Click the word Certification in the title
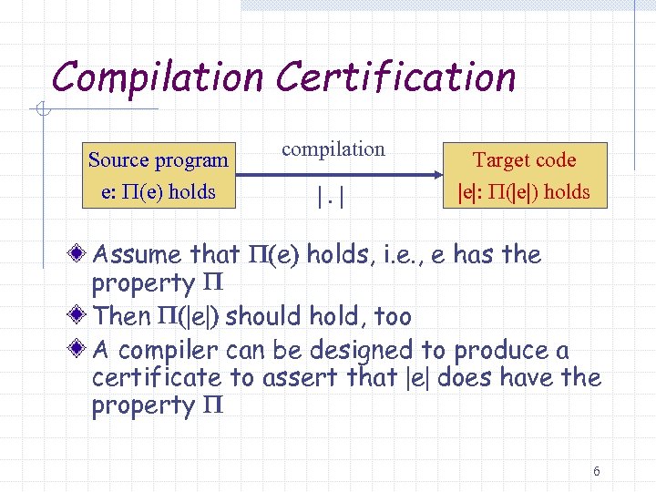tap(396, 77)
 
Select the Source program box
tap(159, 175)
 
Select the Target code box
tap(524, 175)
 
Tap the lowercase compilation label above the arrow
tap(333, 149)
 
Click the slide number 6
tap(596, 471)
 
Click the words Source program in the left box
tap(159, 160)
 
